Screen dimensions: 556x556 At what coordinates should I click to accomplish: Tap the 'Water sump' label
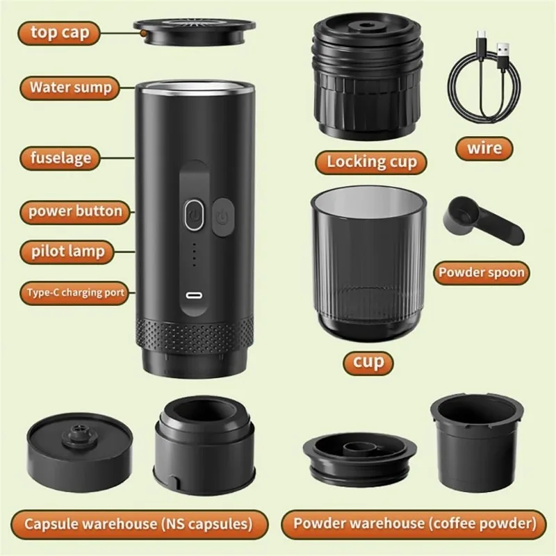[x=70, y=88]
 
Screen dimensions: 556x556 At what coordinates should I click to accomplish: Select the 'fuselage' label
[x=60, y=157]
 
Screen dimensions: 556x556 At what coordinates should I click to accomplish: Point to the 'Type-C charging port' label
[x=76, y=292]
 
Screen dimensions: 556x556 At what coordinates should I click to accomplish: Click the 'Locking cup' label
[x=372, y=162]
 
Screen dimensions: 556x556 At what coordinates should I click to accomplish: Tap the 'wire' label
[x=484, y=147]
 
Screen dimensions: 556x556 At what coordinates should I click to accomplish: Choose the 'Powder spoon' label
[x=481, y=272]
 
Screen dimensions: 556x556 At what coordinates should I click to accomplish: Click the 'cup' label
[x=368, y=361]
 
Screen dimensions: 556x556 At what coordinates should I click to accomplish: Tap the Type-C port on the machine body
[x=193, y=294]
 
